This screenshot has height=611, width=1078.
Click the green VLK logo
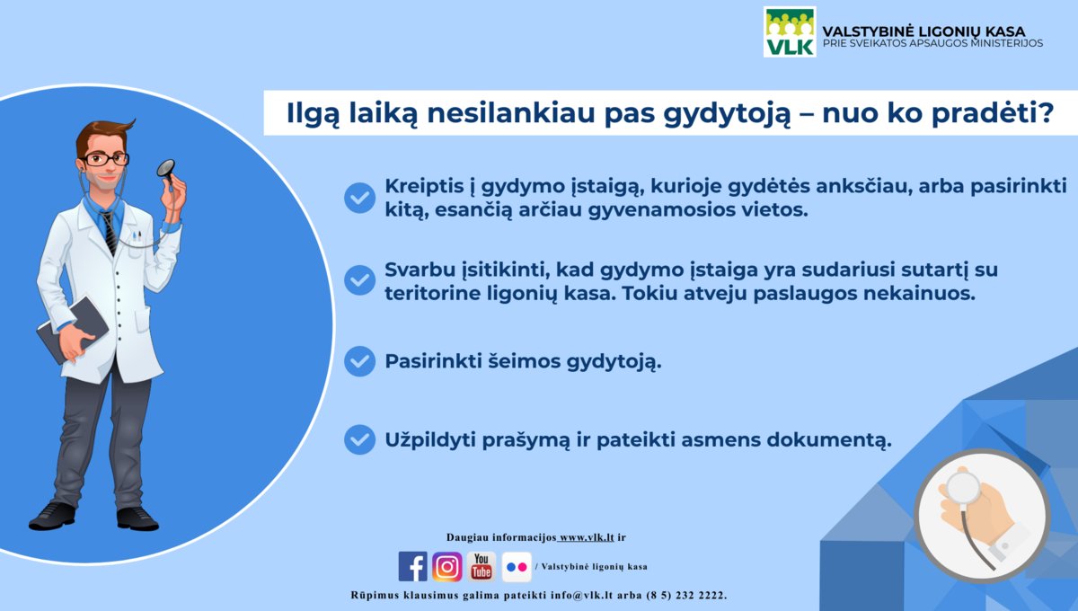[x=790, y=31]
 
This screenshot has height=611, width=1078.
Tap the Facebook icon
[x=412, y=566]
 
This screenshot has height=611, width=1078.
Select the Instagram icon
[x=447, y=566]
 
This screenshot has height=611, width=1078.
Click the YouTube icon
[x=482, y=566]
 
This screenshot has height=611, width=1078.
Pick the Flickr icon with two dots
[x=517, y=567]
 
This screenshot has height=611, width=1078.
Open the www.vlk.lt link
[x=586, y=537]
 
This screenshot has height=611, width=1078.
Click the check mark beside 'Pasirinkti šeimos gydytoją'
[x=359, y=361]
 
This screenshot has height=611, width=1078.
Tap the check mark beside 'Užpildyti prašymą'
[x=359, y=439]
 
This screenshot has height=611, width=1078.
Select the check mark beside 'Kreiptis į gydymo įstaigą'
[x=359, y=198]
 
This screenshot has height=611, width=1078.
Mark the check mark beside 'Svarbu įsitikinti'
[x=359, y=279]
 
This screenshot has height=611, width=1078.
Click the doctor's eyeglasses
[x=105, y=159]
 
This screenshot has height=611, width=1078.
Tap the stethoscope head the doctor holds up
[x=166, y=169]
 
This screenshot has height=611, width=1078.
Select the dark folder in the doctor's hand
[x=72, y=330]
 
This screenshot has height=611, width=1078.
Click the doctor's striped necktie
[x=110, y=233]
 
